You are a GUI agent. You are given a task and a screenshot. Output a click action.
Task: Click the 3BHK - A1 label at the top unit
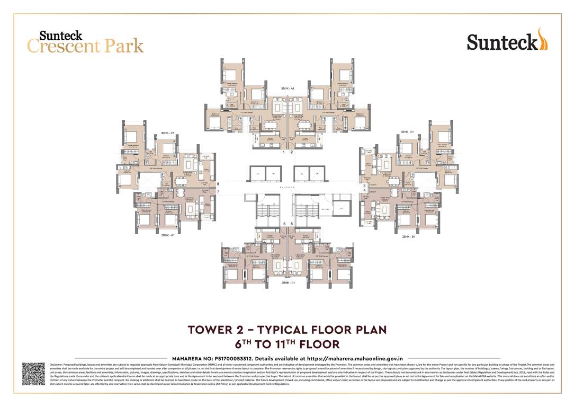(x=287, y=89)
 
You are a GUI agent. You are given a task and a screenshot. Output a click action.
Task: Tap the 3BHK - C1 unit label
(x=168, y=132)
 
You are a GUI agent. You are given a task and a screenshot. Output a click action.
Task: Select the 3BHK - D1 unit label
(x=407, y=132)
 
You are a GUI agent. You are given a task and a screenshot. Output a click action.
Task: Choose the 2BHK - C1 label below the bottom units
(x=287, y=284)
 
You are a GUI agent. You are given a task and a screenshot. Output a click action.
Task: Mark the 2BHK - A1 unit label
(x=168, y=235)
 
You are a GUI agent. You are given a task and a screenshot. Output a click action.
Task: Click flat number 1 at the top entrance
(x=284, y=152)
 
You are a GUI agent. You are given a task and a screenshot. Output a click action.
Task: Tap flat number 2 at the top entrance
(x=291, y=152)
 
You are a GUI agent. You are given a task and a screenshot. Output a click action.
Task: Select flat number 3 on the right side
(x=364, y=186)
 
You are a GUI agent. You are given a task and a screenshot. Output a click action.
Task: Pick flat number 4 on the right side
(x=364, y=191)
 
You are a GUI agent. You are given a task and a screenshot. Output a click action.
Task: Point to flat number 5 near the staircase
(x=292, y=224)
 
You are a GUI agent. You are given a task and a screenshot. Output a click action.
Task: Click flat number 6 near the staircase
(x=284, y=224)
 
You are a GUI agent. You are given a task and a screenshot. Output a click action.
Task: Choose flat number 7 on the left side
(x=218, y=191)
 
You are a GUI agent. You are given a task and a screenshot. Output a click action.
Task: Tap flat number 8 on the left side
(x=218, y=184)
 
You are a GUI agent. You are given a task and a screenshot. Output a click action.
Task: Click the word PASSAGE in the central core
(x=287, y=187)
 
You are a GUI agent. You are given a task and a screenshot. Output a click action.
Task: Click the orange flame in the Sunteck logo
(x=542, y=39)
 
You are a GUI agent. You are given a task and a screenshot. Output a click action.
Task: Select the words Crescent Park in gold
(x=85, y=46)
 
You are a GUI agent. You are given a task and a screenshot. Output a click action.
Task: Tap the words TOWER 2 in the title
(x=222, y=330)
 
